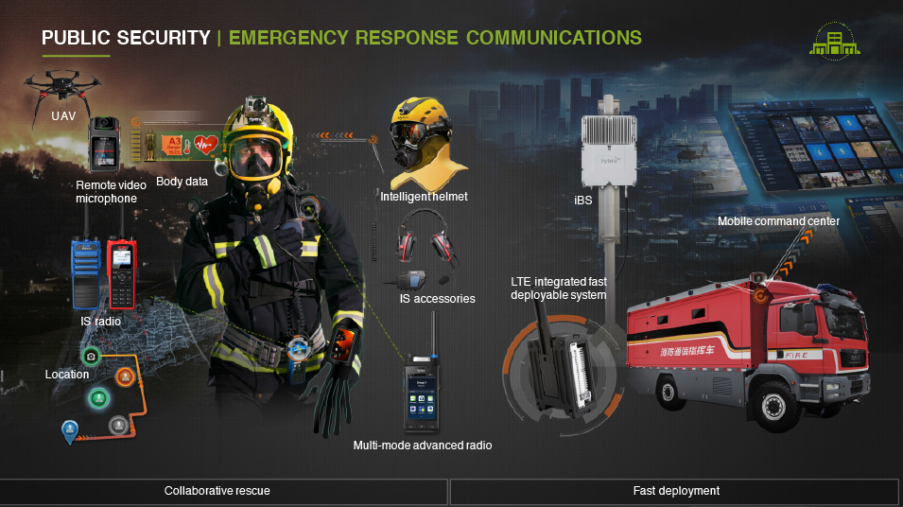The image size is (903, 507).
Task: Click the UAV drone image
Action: coord(62,86)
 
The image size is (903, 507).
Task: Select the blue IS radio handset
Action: coord(85,272)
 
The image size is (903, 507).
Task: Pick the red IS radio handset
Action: coord(121,272)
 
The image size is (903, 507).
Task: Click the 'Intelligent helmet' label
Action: coord(424,197)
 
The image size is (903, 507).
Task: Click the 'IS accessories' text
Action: coord(437,299)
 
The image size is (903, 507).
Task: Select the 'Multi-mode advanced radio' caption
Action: coord(423,445)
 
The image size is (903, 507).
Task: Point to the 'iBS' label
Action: coord(583,201)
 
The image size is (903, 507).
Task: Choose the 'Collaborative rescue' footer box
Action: coord(223,491)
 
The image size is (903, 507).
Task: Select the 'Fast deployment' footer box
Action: coord(675,491)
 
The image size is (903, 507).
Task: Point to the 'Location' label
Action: coord(67,375)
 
